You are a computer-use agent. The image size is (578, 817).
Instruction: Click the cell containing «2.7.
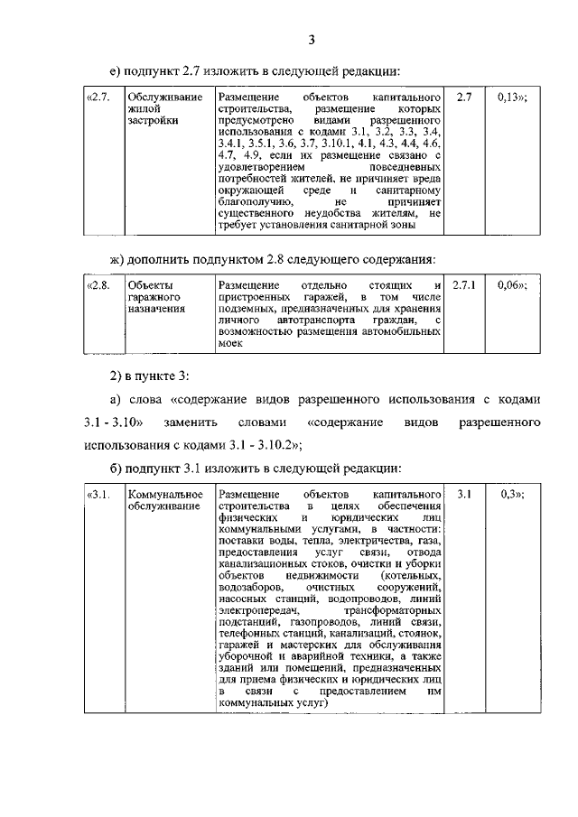tap(97, 96)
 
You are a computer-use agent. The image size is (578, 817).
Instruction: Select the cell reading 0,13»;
tap(512, 96)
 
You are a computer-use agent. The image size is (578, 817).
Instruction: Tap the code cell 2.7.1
tap(463, 285)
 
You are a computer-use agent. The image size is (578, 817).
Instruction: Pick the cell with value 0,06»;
tap(512, 285)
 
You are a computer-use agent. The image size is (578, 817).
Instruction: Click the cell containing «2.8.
tap(97, 285)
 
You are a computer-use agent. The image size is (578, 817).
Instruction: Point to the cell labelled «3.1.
tap(97, 495)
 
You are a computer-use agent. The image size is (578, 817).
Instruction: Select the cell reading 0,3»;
tap(512, 495)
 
